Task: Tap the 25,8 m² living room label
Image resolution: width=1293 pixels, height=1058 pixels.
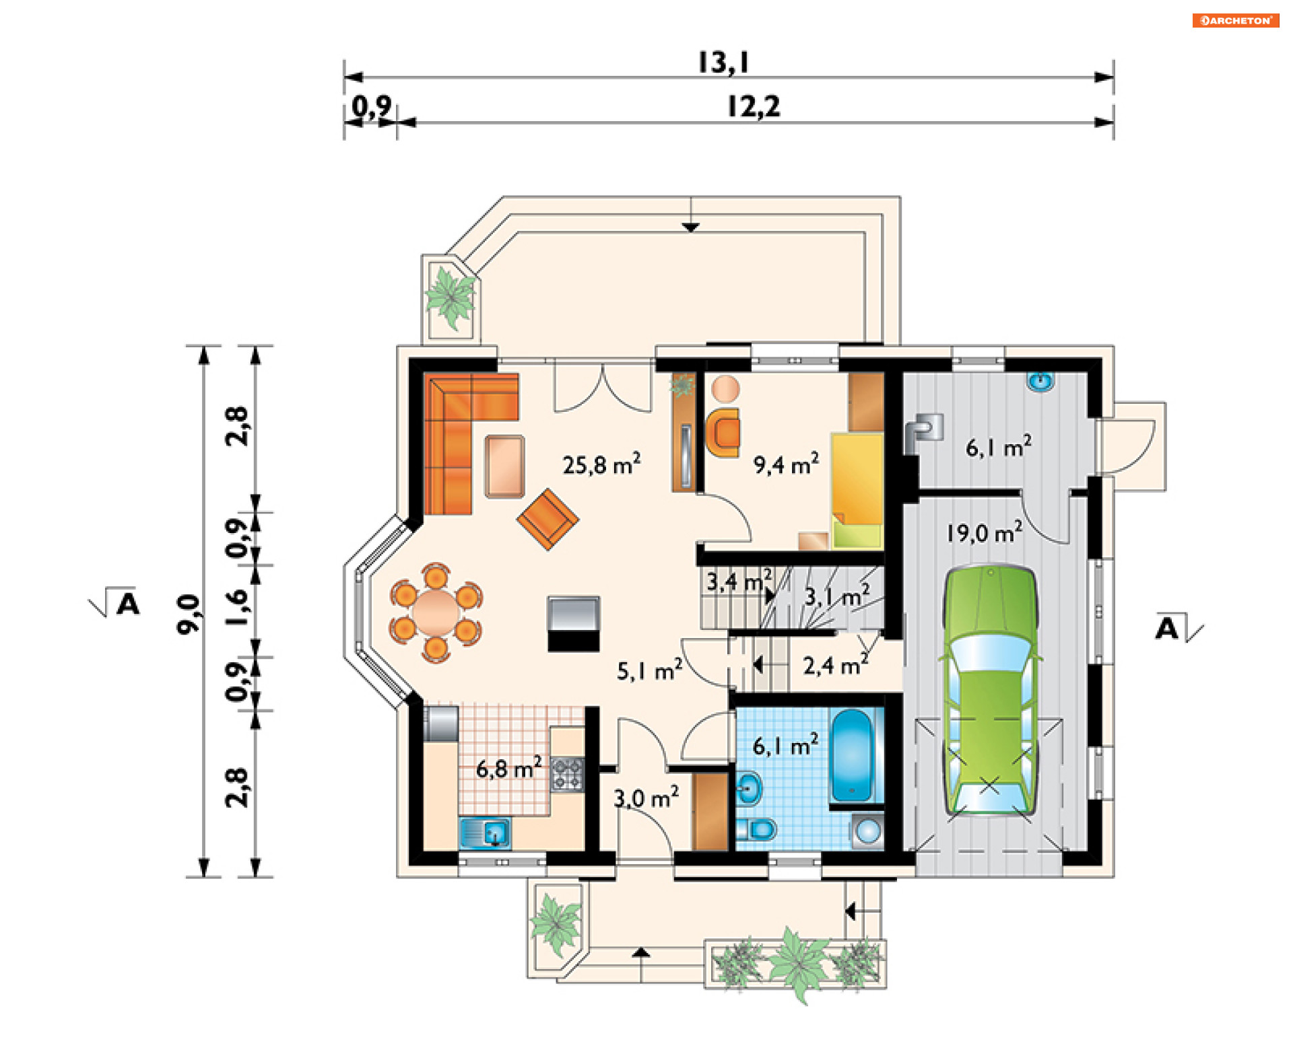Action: tap(601, 464)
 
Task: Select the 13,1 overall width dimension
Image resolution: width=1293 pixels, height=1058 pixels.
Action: tap(723, 63)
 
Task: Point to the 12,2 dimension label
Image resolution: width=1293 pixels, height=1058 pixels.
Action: tap(754, 106)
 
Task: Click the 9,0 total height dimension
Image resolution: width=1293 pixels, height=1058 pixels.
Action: tap(189, 614)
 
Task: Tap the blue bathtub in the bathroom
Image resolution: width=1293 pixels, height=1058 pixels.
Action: tap(853, 755)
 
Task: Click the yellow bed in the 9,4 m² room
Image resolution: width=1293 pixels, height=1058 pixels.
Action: tap(857, 490)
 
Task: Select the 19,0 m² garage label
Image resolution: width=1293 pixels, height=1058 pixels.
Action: tap(984, 532)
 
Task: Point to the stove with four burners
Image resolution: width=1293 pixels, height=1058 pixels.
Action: tap(567, 773)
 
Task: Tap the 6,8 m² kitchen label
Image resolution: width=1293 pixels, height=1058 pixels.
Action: tap(508, 768)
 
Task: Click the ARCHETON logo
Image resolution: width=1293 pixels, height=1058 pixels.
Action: tap(1236, 20)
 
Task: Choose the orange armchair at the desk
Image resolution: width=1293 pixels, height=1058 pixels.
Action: tap(723, 433)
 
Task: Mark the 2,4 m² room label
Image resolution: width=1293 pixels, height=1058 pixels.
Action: tap(835, 665)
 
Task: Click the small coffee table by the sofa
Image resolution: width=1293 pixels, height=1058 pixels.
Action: tap(504, 466)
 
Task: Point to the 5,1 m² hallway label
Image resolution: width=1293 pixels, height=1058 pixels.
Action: tap(649, 670)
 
